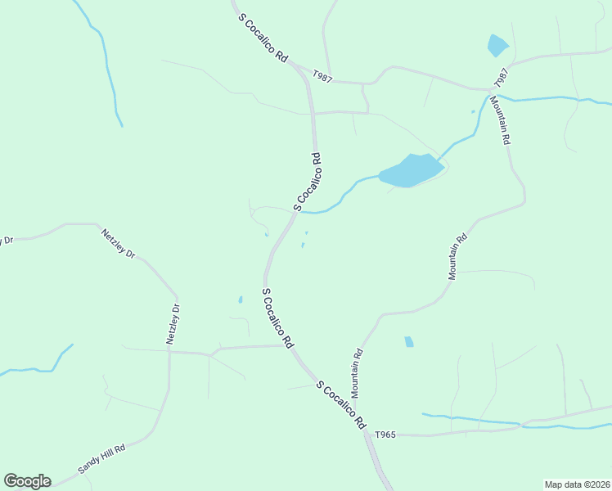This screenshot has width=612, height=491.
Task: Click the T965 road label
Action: click(385, 435)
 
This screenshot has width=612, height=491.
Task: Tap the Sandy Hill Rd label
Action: click(101, 459)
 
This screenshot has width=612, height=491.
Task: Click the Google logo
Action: click(27, 481)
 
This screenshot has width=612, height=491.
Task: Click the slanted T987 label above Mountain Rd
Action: click(502, 78)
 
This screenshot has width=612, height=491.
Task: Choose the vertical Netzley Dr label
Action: click(173, 324)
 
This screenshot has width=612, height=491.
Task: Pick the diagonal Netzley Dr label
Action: click(118, 243)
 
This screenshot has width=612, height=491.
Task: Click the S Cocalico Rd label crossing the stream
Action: click(307, 182)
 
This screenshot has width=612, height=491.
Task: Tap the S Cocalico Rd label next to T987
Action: click(263, 38)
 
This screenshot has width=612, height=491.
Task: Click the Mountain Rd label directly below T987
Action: click(500, 121)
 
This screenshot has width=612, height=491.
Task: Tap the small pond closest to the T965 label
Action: click(408, 341)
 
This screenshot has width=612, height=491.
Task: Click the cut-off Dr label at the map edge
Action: click(8, 240)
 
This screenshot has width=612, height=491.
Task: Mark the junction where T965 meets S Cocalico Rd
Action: click(367, 435)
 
